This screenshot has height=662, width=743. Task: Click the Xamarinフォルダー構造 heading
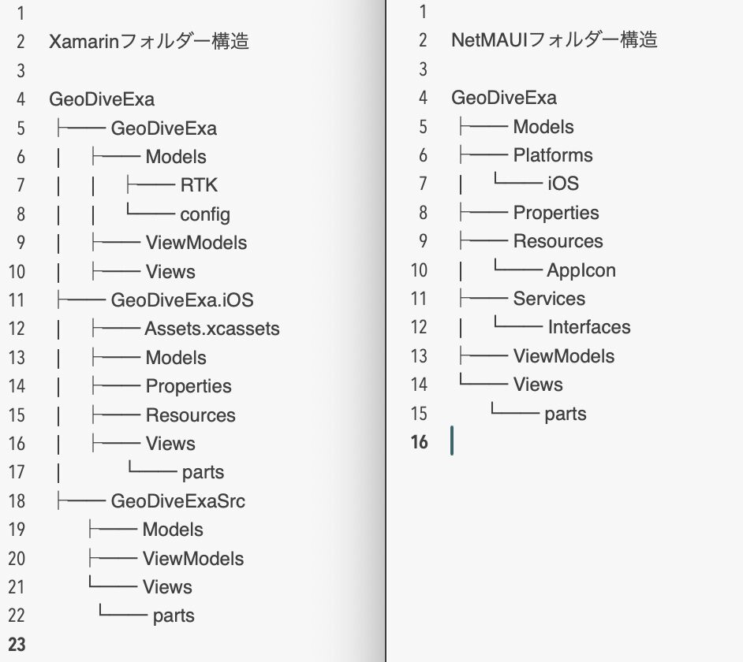[149, 41]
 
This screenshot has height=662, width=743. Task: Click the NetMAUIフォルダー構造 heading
[554, 39]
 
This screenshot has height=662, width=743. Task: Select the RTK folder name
[199, 185]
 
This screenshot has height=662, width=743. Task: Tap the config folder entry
[205, 214]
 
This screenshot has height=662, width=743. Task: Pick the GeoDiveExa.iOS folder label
[182, 300]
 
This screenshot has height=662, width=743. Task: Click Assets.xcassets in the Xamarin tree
[212, 329]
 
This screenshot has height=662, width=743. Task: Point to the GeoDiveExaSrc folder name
[177, 501]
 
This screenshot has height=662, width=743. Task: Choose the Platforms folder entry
[552, 155]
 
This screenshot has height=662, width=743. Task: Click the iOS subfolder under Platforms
[563, 184]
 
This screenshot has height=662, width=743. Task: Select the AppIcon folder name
[581, 270]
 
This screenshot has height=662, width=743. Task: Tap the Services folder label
[549, 299]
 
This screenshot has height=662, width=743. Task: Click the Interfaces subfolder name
[589, 327]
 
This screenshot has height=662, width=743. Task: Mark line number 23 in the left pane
[17, 645]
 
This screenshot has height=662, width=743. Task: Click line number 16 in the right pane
[420, 442]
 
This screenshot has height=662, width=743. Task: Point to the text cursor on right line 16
[452, 441]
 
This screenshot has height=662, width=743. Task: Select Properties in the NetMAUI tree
[556, 213]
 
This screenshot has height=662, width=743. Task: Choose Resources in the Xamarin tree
[191, 415]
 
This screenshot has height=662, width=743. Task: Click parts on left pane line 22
[174, 616]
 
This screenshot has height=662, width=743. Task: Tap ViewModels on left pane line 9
[196, 243]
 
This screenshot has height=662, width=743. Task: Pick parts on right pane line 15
[566, 415]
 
